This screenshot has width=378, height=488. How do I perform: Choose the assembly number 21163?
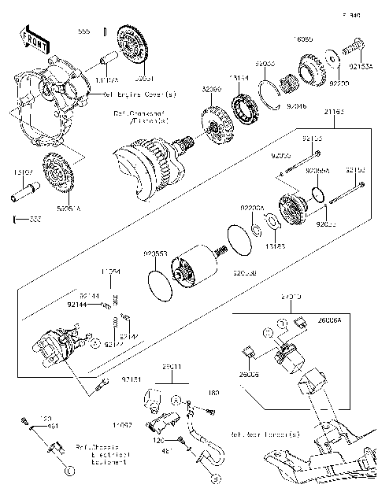[333, 113]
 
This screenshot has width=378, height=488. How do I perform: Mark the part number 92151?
[131, 379]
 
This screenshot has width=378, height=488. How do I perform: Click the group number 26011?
[172, 368]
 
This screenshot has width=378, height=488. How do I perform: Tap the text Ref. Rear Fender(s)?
[265, 434]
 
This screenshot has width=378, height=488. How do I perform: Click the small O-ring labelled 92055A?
[317, 194]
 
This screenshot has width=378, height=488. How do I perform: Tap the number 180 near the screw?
[213, 391]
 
